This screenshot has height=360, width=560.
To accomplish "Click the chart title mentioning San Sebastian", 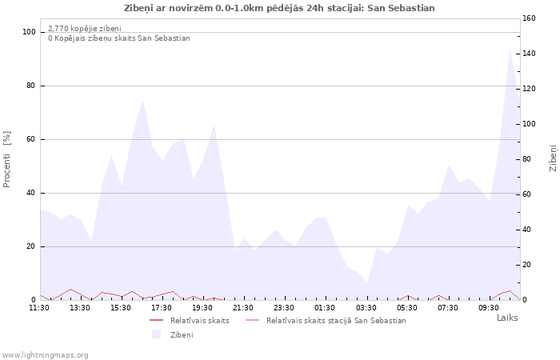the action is [279, 8].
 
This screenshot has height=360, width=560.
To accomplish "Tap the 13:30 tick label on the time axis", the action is [80, 307].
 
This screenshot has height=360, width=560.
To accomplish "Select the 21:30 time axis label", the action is [243, 307].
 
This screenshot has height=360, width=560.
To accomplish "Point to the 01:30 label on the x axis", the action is [325, 307].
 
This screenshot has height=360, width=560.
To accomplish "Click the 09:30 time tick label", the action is [489, 307].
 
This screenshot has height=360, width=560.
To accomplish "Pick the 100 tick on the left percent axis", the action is [29, 32].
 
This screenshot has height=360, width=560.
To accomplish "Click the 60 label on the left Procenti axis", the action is [30, 139].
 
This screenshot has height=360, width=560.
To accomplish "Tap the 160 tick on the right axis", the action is [529, 18].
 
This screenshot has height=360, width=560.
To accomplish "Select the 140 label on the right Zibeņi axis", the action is [529, 54].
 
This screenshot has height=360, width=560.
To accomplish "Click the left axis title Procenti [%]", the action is [6, 159].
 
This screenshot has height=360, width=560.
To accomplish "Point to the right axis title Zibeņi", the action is [553, 158].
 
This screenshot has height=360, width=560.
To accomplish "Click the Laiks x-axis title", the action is [507, 318].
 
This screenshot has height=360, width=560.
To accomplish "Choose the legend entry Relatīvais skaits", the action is [200, 321].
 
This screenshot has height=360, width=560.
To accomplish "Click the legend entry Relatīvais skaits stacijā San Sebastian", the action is [336, 321].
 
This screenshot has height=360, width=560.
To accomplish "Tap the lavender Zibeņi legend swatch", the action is [157, 334].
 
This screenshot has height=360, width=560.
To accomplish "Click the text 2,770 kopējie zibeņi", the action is [85, 29].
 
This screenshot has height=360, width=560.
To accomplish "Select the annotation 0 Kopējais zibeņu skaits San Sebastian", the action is [119, 38].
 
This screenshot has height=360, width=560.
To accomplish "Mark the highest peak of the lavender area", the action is [510, 50].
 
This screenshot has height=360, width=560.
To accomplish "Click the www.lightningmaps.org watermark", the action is [45, 355].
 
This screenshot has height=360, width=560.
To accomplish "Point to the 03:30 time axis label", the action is [366, 307].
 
